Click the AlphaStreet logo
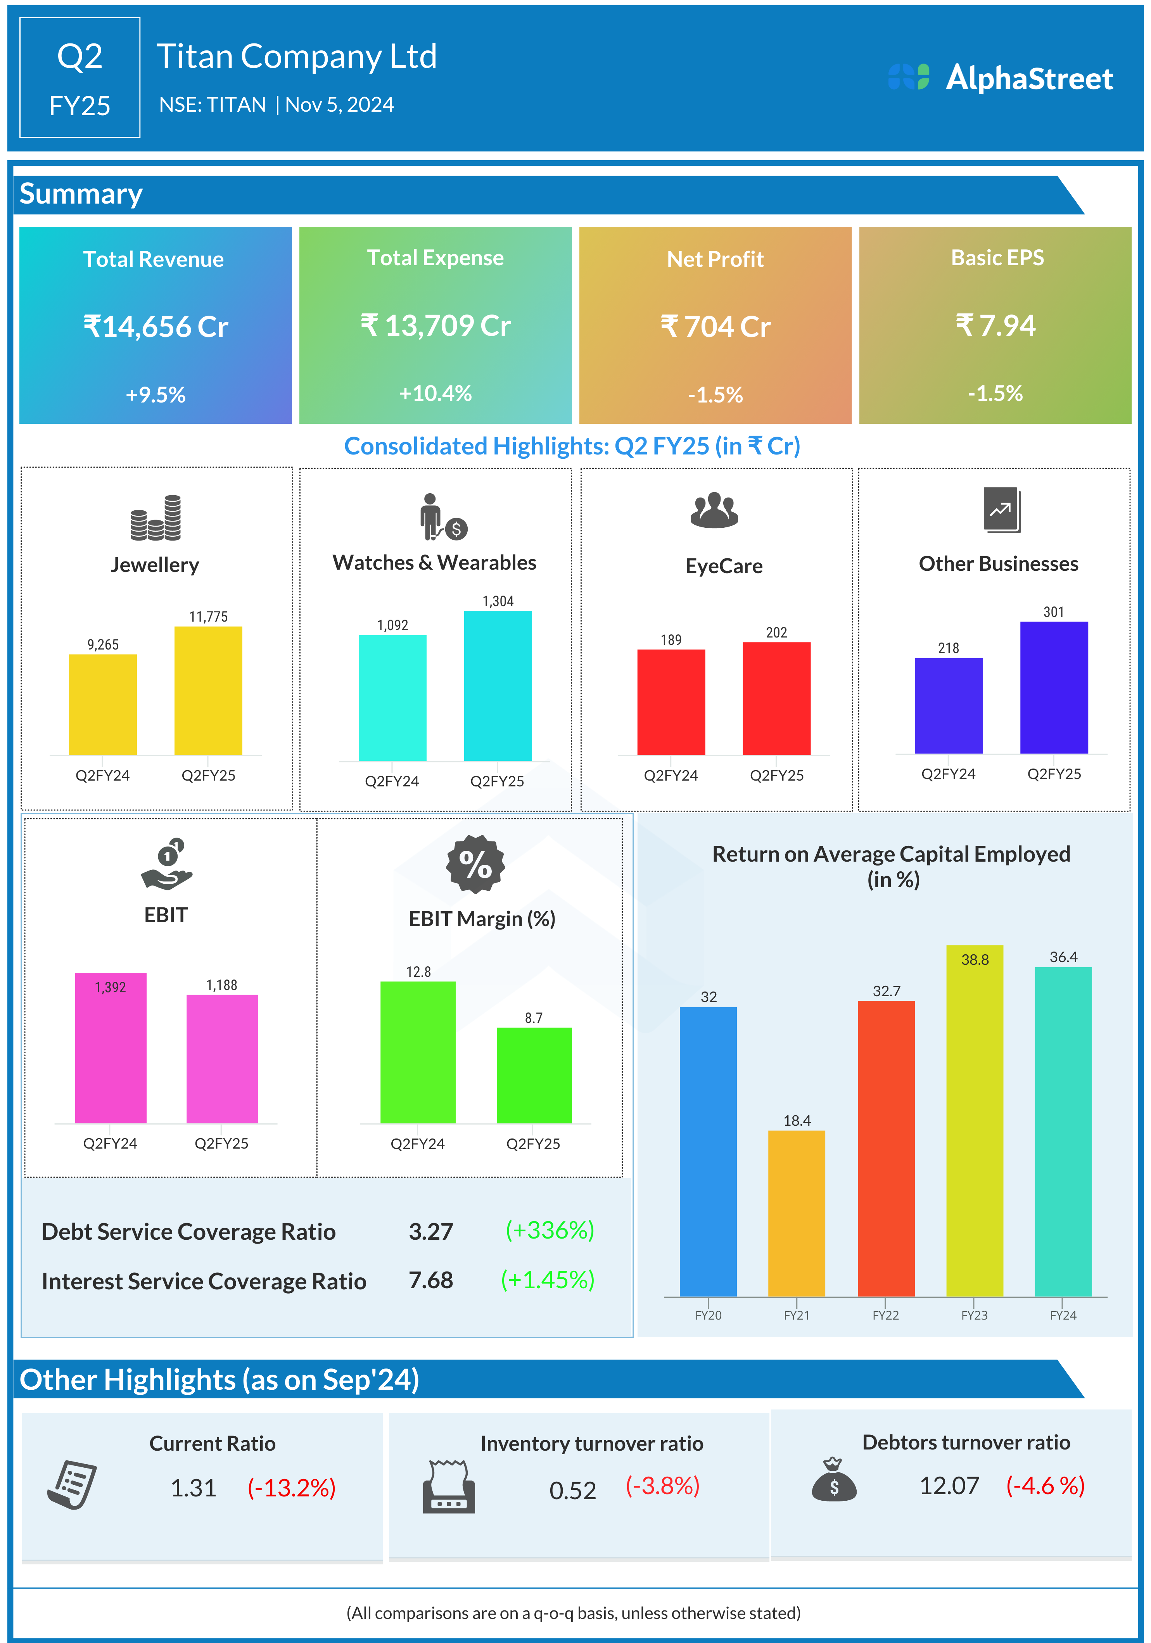[1000, 77]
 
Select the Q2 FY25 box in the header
[79, 77]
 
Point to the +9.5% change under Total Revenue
[156, 394]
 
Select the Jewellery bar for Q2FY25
[208, 691]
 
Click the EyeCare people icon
[714, 510]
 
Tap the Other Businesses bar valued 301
[1054, 687]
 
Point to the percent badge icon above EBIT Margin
[475, 864]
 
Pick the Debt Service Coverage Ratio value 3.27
[431, 1232]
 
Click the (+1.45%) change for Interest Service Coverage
[548, 1280]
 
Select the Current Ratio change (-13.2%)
[291, 1488]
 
